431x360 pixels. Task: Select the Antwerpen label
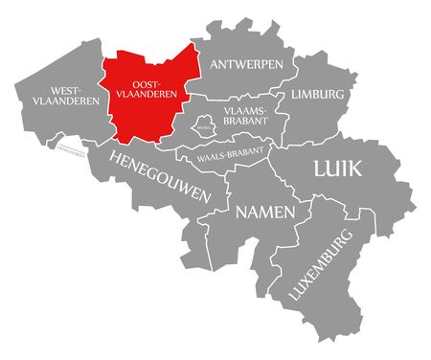[x=246, y=64]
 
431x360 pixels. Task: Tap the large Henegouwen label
[x=159, y=174]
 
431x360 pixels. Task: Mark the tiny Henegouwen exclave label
[x=73, y=148]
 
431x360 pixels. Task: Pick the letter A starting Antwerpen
[x=213, y=64]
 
